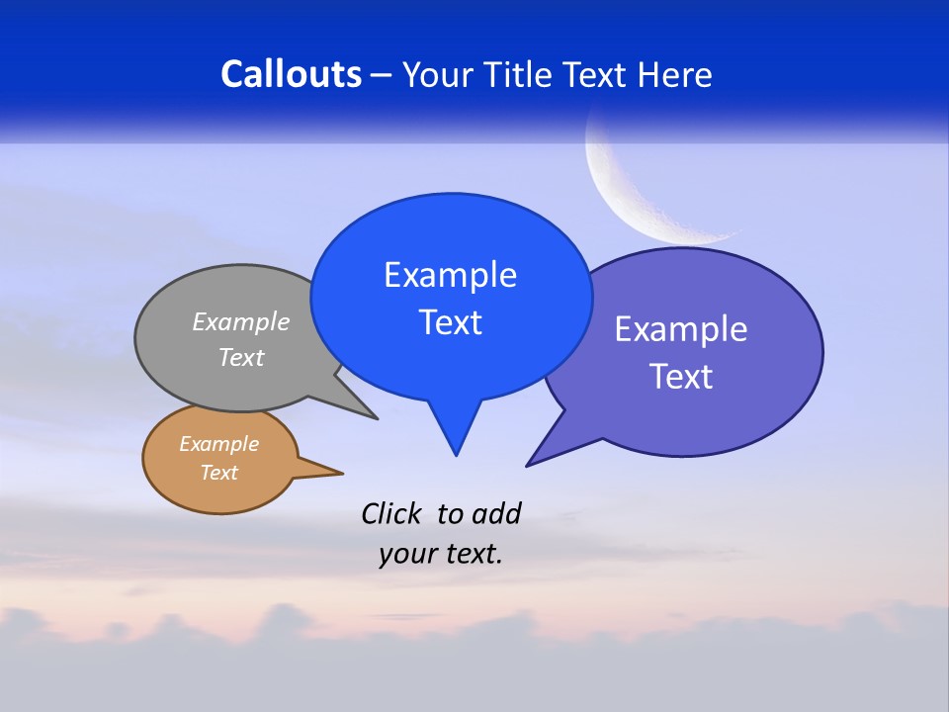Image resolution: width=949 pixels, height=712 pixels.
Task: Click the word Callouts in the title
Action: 291,74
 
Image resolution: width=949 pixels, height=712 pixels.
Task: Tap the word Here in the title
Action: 675,74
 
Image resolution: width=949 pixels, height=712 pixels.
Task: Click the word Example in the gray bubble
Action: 241,321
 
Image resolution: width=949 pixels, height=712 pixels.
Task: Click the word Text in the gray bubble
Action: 241,357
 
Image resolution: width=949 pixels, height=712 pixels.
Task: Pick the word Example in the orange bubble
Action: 218,444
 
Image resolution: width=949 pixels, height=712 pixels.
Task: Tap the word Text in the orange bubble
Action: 218,473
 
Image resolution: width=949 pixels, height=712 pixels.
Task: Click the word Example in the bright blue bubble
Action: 450,275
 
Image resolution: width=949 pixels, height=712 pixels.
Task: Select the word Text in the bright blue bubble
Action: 450,322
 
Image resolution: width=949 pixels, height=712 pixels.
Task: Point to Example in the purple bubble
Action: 681,329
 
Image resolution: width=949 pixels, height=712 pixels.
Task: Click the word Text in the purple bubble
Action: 681,377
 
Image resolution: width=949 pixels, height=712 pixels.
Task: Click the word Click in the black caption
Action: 390,513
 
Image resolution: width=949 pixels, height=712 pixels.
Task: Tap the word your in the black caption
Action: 406,554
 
